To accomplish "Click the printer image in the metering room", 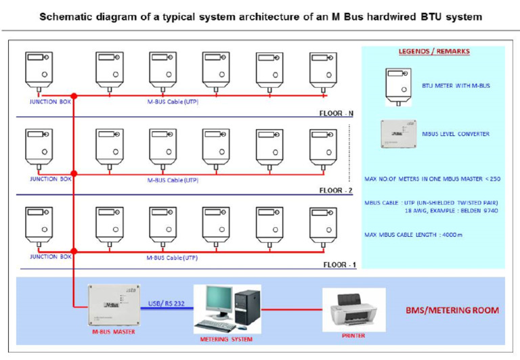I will pos(353,310).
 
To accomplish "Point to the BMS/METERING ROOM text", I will pos(453,311).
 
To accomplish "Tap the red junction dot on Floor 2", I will pos(74,174).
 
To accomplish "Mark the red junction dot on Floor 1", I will pos(74,251).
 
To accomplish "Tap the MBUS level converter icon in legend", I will pos(398,133).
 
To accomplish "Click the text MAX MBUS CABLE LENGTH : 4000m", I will pos(413,235).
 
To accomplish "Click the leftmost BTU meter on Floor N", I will pos(39,70).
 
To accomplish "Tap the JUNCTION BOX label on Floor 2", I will pos(50,179).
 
